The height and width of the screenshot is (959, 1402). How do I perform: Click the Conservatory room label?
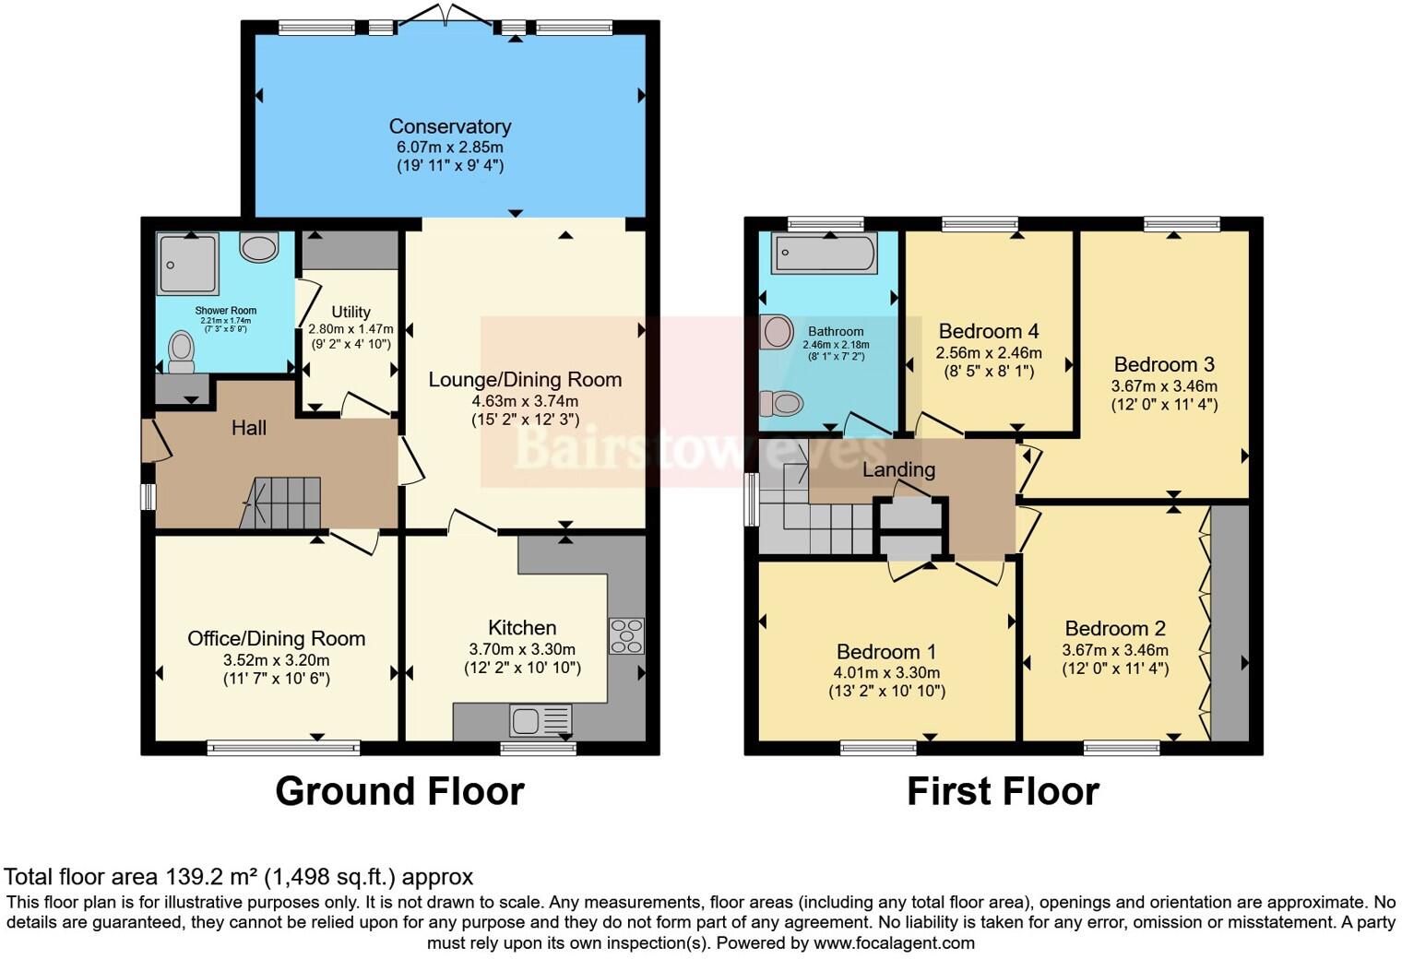click(x=449, y=126)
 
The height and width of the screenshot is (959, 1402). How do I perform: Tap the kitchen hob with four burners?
click(x=626, y=635)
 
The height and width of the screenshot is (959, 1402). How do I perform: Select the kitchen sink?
click(x=541, y=720)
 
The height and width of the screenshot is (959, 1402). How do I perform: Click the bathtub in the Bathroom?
click(x=825, y=254)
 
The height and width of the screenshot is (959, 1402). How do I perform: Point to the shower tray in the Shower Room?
click(x=187, y=266)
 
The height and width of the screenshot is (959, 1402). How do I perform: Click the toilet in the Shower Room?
click(x=182, y=351)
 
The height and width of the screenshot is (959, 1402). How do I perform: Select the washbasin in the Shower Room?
click(x=258, y=247)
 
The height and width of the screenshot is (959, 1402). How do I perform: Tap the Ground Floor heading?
click(x=399, y=791)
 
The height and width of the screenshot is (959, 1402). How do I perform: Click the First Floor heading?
click(x=1003, y=791)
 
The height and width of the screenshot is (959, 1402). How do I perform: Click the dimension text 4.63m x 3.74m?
click(x=525, y=401)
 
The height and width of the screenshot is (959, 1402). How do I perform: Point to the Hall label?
click(x=249, y=428)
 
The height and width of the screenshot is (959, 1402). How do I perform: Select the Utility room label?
click(x=350, y=312)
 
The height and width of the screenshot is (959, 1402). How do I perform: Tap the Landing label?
click(x=898, y=469)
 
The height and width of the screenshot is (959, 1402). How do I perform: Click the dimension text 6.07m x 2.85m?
click(x=449, y=147)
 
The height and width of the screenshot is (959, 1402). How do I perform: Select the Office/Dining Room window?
click(x=283, y=748)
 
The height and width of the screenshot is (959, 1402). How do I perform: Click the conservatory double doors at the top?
click(x=446, y=18)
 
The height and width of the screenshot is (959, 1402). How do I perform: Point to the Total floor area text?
click(x=238, y=877)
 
